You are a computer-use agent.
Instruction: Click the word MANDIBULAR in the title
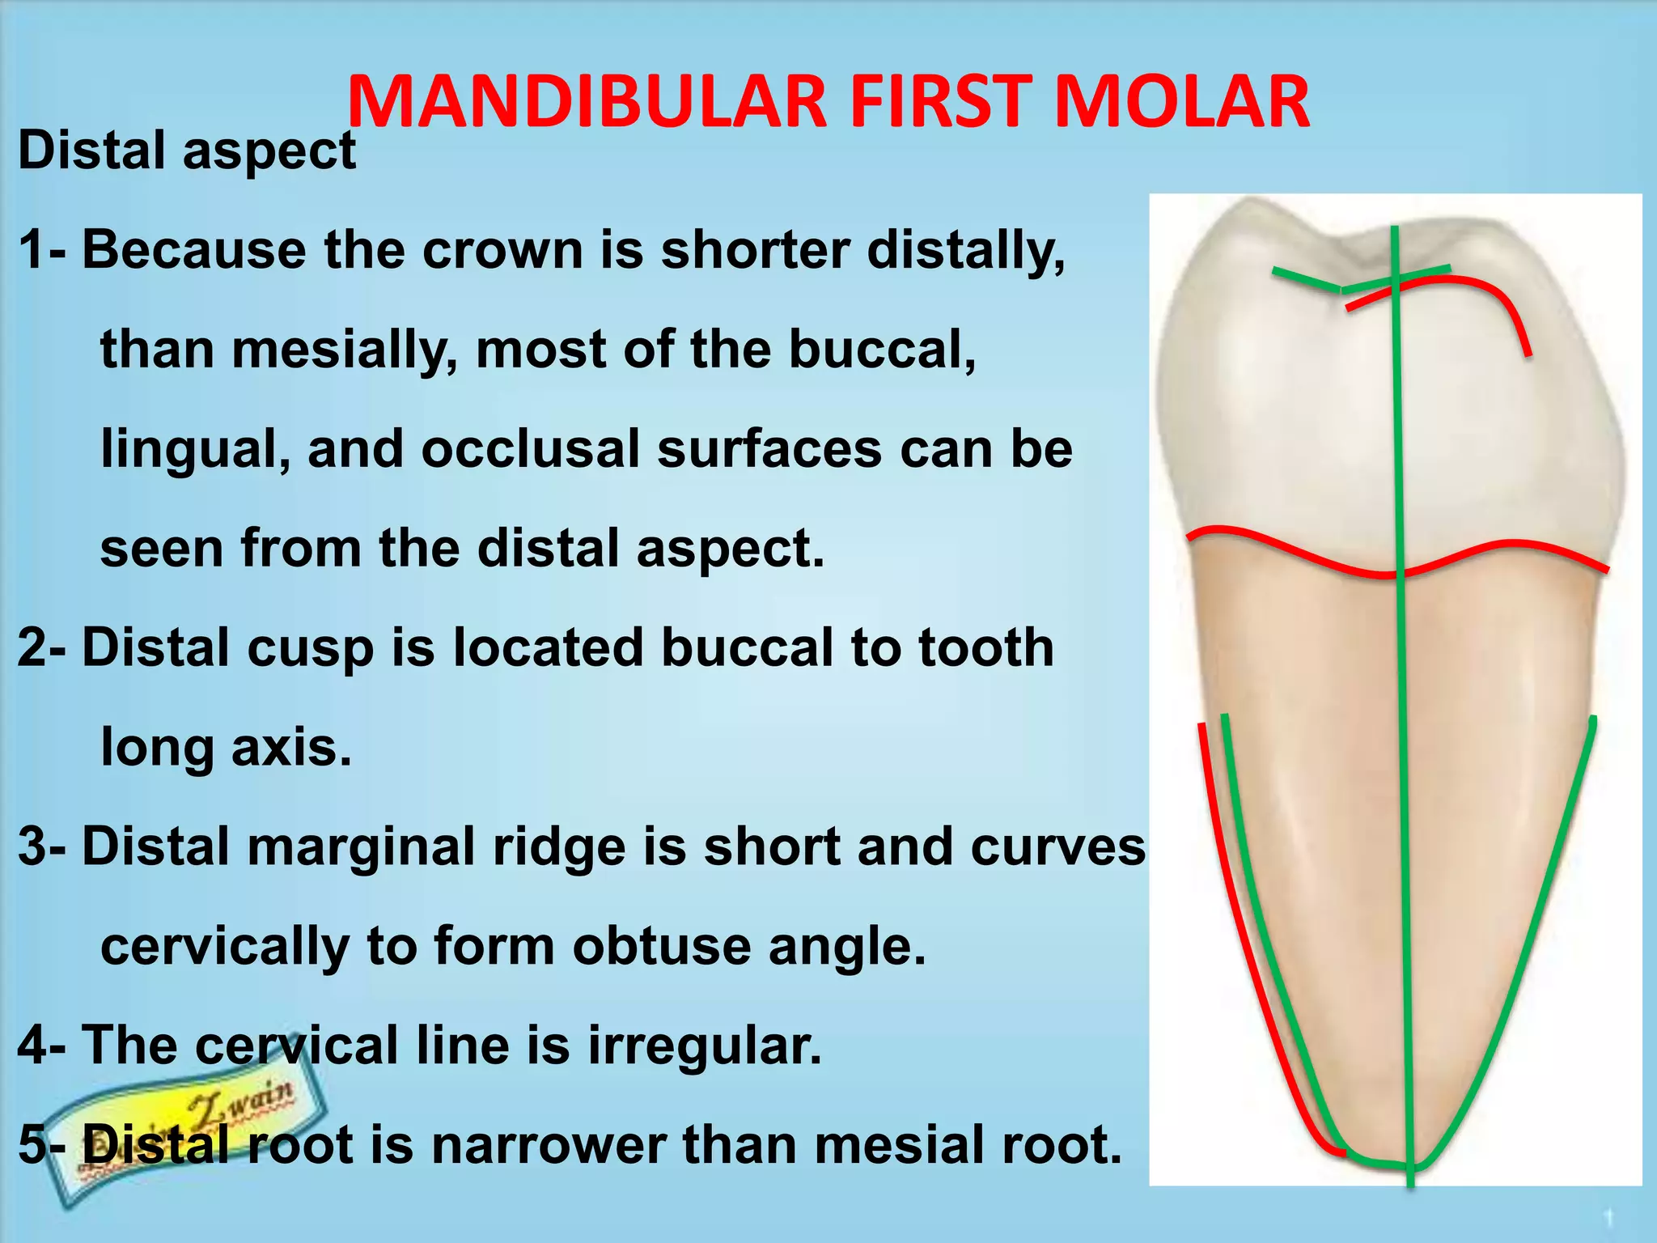[x=587, y=103]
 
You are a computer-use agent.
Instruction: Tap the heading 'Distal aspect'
[x=187, y=151]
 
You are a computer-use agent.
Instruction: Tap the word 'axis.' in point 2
[x=292, y=746]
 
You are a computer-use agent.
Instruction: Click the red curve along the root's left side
[x=1238, y=931]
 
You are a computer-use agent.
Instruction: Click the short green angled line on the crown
[x=1303, y=280]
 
